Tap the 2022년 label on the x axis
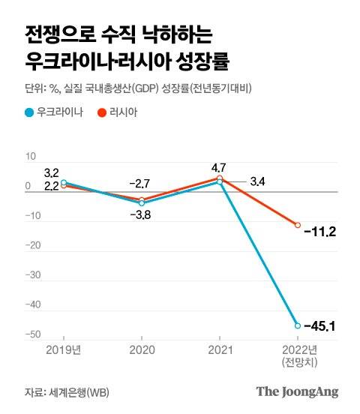pos(298,349)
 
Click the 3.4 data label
pos(258,181)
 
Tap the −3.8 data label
pos(141,215)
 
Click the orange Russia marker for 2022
pos(298,225)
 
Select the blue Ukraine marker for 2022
pos(298,325)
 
